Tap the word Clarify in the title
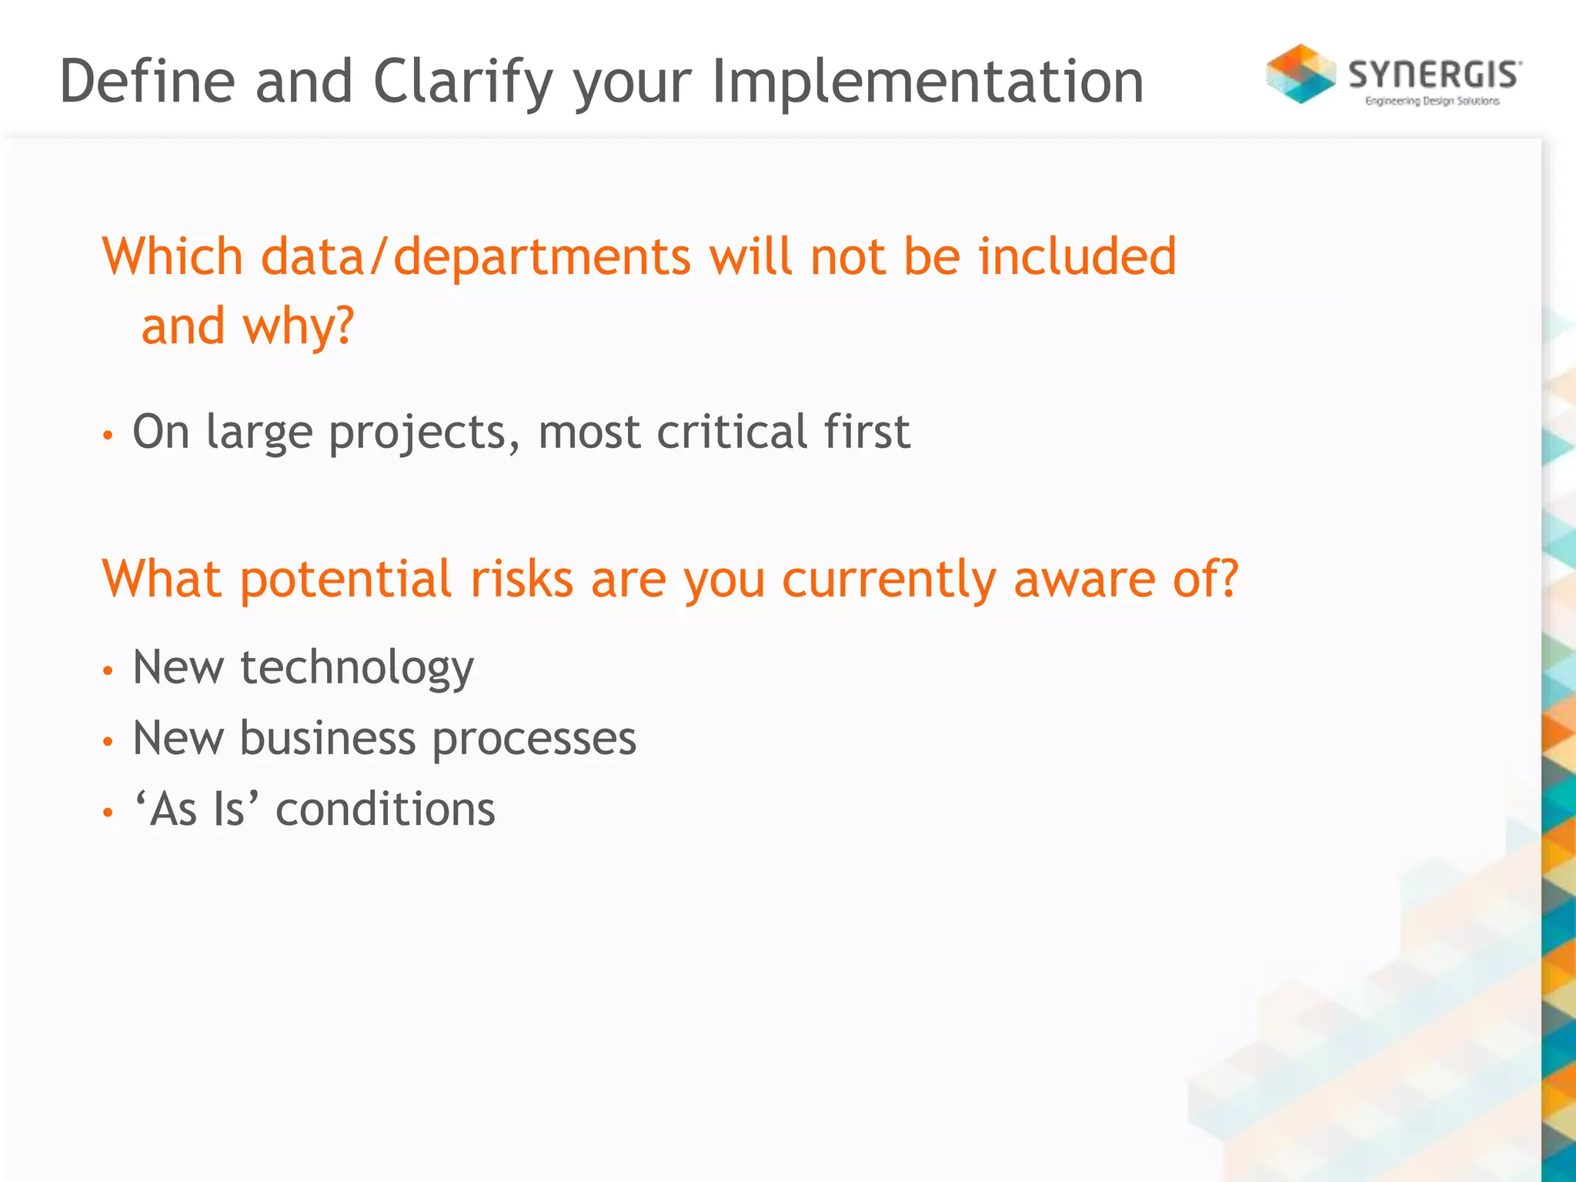pyautogui.click(x=463, y=83)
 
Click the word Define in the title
pyautogui.click(x=147, y=82)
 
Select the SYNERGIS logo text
pyautogui.click(x=1434, y=75)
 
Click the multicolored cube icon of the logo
pyautogui.click(x=1301, y=74)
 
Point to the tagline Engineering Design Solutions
pyautogui.click(x=1432, y=101)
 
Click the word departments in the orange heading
pyautogui.click(x=542, y=258)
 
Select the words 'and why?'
pyautogui.click(x=247, y=326)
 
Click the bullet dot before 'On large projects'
pyautogui.click(x=109, y=436)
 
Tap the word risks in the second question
pyautogui.click(x=522, y=579)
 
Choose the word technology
pyautogui.click(x=357, y=668)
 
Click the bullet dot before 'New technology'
pyautogui.click(x=109, y=671)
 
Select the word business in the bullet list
pyautogui.click(x=328, y=739)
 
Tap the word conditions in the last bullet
pyautogui.click(x=385, y=810)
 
